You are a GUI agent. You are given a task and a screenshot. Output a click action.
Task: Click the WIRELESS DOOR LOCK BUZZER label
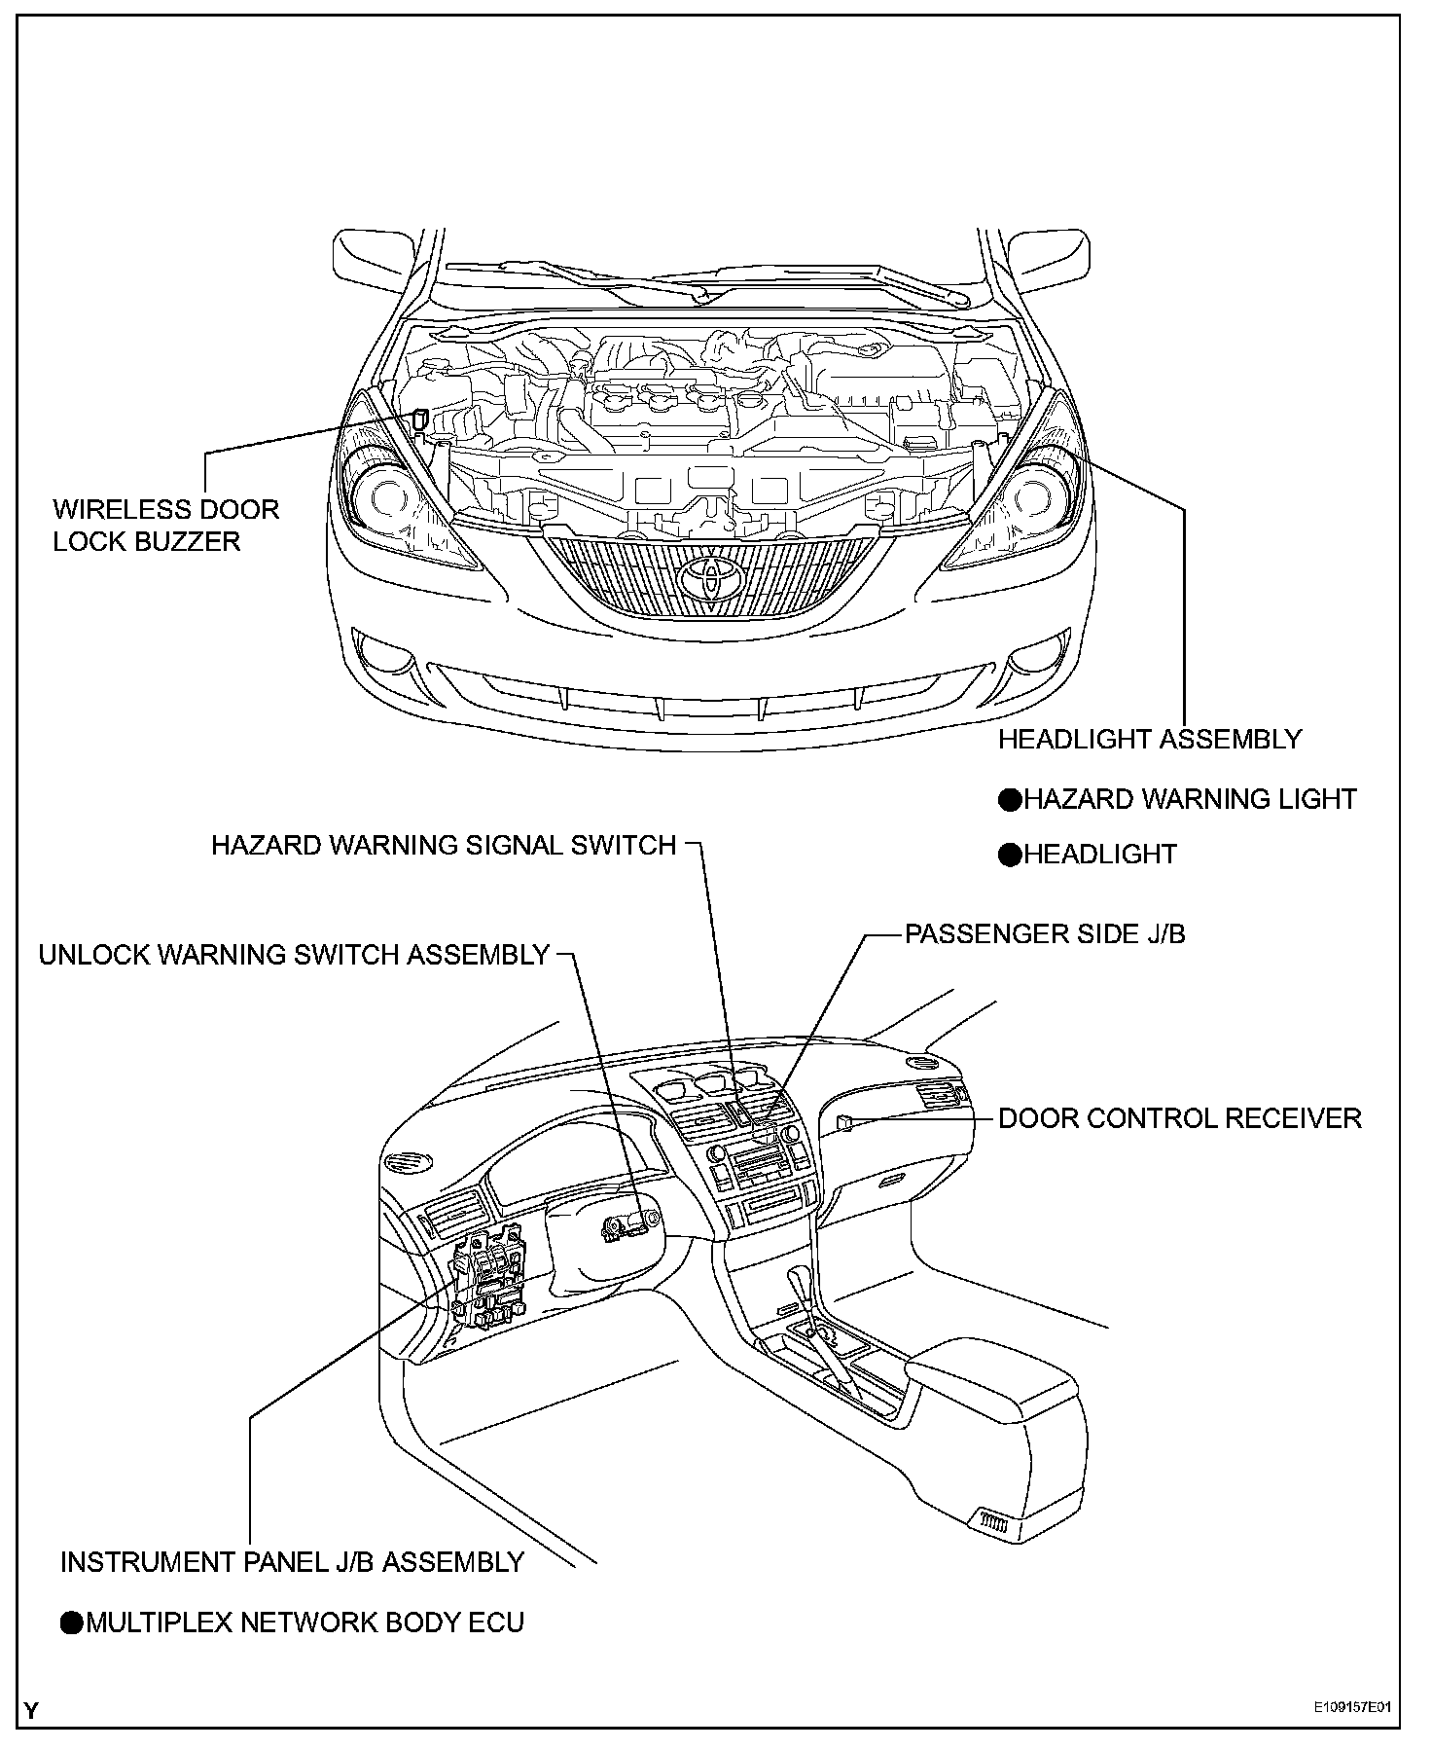click(165, 526)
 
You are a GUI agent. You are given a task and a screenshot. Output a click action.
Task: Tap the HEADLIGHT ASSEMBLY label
click(1149, 740)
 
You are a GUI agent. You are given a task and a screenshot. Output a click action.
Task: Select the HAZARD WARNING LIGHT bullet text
click(1189, 800)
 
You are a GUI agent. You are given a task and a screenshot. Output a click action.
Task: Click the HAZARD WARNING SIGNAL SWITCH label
click(444, 845)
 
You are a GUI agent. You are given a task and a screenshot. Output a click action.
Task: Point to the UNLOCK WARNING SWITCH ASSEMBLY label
click(294, 955)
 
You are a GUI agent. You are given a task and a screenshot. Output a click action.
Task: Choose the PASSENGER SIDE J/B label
click(1045, 934)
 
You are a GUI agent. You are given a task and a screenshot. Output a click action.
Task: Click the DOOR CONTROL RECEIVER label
click(1179, 1118)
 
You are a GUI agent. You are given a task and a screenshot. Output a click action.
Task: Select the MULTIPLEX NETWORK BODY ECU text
click(304, 1622)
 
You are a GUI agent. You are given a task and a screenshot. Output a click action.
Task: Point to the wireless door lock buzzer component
click(419, 419)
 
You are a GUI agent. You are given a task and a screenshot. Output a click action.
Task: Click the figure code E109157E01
click(1351, 1708)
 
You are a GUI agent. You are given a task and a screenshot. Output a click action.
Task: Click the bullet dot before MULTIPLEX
click(72, 1622)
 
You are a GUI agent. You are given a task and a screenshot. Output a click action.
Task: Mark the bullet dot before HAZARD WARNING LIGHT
click(1011, 800)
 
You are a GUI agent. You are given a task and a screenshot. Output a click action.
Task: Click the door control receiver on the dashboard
click(844, 1123)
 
